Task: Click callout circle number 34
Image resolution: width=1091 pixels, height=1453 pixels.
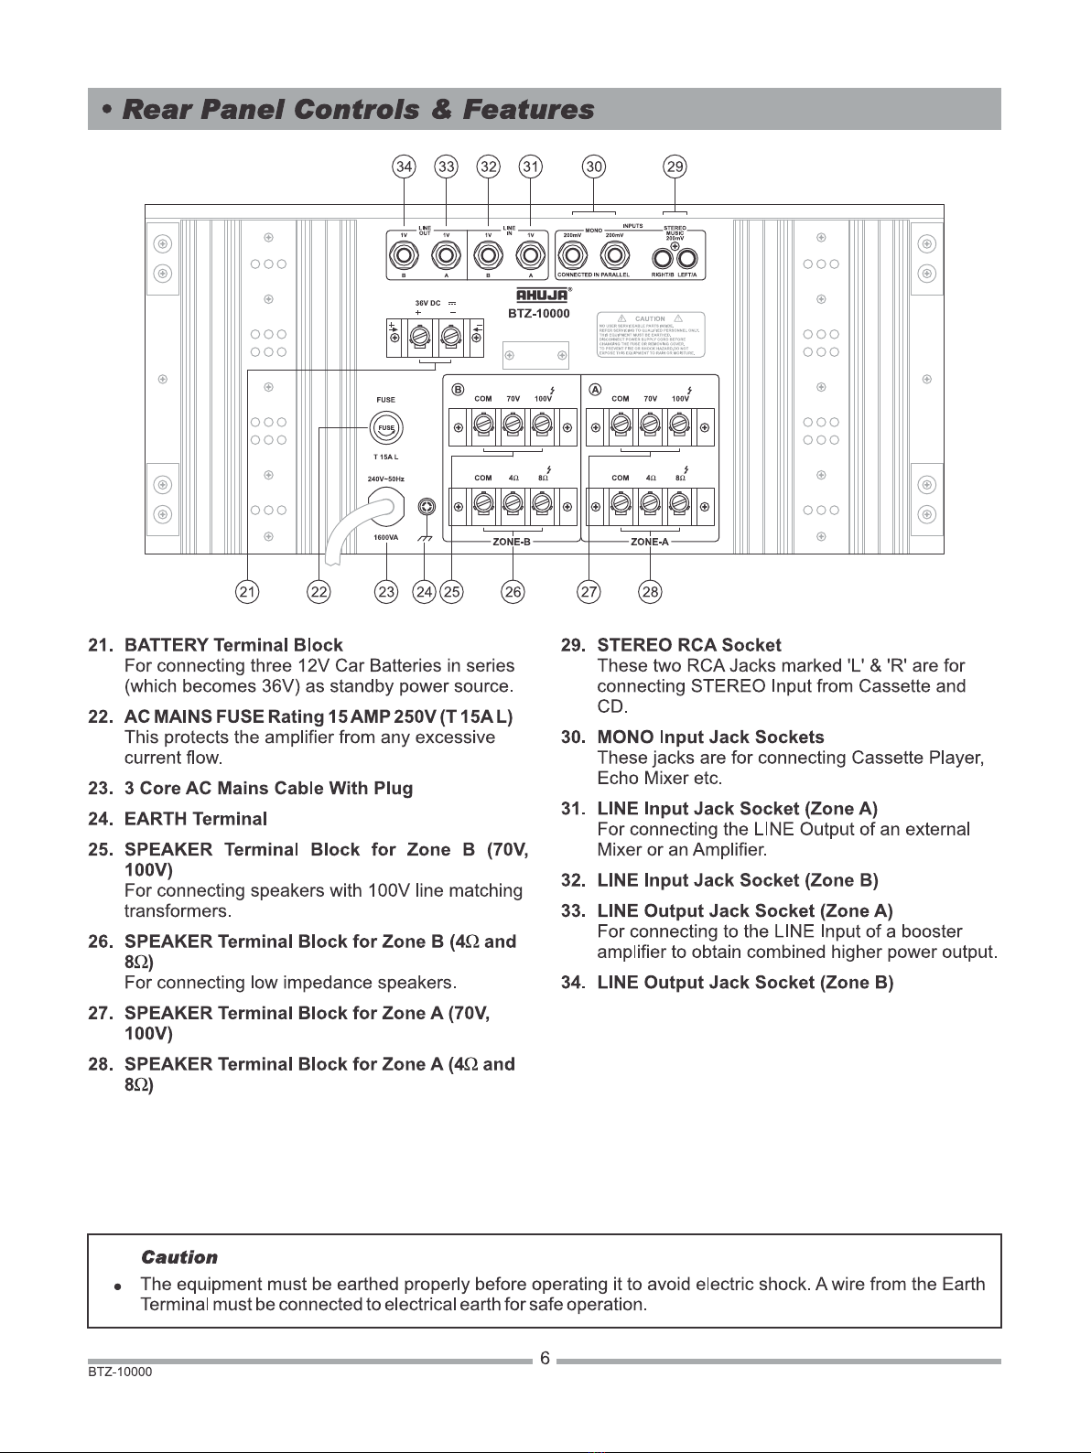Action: (x=404, y=167)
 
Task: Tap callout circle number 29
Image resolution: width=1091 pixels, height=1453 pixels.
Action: (x=675, y=167)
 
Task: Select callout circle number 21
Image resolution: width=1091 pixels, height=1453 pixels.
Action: (x=246, y=592)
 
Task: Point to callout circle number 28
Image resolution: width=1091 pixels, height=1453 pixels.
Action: (x=650, y=592)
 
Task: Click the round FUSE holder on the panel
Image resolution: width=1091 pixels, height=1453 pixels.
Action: (x=386, y=428)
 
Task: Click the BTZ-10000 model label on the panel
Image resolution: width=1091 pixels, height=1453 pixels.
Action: (x=539, y=314)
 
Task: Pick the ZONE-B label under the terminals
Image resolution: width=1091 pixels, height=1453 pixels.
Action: (x=512, y=542)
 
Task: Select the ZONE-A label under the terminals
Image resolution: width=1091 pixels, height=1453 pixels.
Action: (x=650, y=542)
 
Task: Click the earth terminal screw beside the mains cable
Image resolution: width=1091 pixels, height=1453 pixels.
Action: (x=426, y=508)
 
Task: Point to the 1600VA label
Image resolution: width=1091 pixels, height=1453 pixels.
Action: (x=385, y=538)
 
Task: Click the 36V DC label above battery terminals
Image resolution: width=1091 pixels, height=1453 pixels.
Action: (x=428, y=303)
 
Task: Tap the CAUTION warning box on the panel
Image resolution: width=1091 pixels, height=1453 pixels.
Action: (x=650, y=335)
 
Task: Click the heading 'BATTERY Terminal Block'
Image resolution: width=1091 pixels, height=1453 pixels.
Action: (x=233, y=645)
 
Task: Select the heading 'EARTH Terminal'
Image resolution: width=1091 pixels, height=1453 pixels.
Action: (x=196, y=818)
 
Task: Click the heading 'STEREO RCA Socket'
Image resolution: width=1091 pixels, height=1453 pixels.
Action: (x=689, y=645)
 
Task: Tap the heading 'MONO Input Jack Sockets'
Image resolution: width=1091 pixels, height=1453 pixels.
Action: (x=710, y=737)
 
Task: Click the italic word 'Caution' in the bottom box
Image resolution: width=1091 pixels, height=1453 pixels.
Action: (x=179, y=1257)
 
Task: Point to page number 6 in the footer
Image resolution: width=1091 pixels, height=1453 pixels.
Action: (x=545, y=1359)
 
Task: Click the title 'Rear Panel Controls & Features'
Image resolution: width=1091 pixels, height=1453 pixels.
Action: (x=358, y=110)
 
